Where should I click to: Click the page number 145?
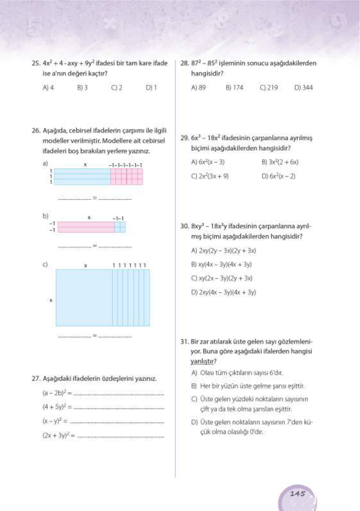[297, 493]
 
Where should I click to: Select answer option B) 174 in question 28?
[234, 88]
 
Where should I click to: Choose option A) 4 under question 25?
[48, 88]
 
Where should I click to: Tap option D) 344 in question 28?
[303, 88]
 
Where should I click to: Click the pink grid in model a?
[127, 177]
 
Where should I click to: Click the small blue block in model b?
[120, 227]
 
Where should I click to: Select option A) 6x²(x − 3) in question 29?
[208, 162]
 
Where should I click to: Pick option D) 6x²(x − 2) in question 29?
[278, 176]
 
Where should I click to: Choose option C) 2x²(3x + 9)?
[210, 176]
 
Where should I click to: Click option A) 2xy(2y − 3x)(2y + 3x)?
[223, 251]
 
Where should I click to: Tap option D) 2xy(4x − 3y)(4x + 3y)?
[223, 292]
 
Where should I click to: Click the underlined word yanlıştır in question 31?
[202, 361]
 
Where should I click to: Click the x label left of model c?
[51, 300]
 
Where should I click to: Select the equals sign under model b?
[95, 246]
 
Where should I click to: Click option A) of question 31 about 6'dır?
[237, 373]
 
